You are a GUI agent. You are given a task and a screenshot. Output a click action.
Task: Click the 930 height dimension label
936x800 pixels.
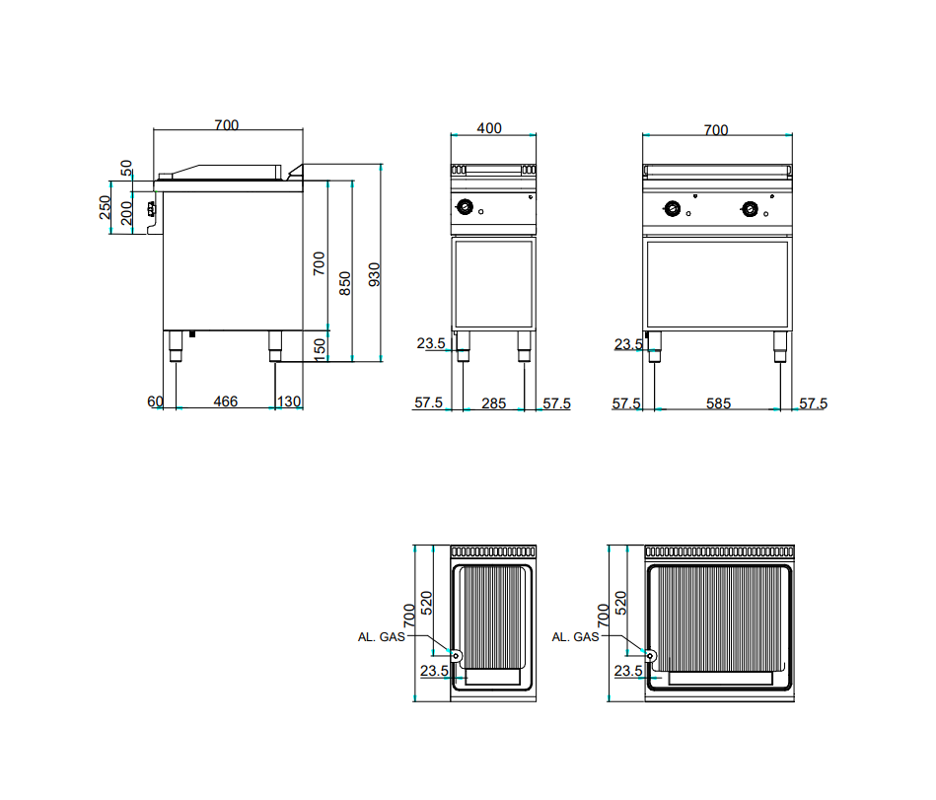(x=374, y=274)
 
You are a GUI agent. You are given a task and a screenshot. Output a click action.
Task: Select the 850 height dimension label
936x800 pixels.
(x=345, y=283)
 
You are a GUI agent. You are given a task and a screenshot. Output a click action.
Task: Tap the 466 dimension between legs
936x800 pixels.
(x=226, y=401)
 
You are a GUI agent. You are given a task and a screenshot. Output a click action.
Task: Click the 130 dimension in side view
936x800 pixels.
(x=289, y=401)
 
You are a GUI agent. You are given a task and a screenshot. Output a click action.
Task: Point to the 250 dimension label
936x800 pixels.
(x=106, y=207)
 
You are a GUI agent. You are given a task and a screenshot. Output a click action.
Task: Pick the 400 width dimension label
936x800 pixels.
(x=489, y=128)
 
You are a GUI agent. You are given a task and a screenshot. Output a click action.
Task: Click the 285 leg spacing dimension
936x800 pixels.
(x=494, y=403)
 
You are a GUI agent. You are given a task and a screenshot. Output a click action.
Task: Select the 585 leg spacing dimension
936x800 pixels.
(x=718, y=403)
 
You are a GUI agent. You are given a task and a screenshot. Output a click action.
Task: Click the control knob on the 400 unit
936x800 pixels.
(x=465, y=206)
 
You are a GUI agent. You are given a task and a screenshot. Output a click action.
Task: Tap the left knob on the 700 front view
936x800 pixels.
(x=672, y=208)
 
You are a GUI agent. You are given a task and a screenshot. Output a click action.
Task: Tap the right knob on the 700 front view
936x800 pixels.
(x=750, y=208)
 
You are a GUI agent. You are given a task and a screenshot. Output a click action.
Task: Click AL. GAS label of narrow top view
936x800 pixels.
(x=382, y=637)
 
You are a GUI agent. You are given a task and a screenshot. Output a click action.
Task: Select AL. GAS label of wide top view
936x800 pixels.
(x=575, y=637)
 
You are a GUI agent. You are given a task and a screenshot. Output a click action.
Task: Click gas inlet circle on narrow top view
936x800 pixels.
(x=456, y=656)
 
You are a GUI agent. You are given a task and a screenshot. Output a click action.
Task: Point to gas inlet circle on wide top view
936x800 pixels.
(x=650, y=656)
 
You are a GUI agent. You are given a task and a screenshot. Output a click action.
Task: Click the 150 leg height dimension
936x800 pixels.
(x=320, y=349)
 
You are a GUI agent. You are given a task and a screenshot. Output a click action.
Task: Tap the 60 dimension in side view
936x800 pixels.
(x=155, y=401)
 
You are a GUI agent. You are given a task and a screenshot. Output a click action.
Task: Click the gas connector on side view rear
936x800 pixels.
(x=152, y=209)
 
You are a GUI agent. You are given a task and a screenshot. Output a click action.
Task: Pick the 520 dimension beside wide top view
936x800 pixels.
(x=620, y=603)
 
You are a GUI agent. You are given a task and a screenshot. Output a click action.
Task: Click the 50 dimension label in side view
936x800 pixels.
(x=126, y=168)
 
